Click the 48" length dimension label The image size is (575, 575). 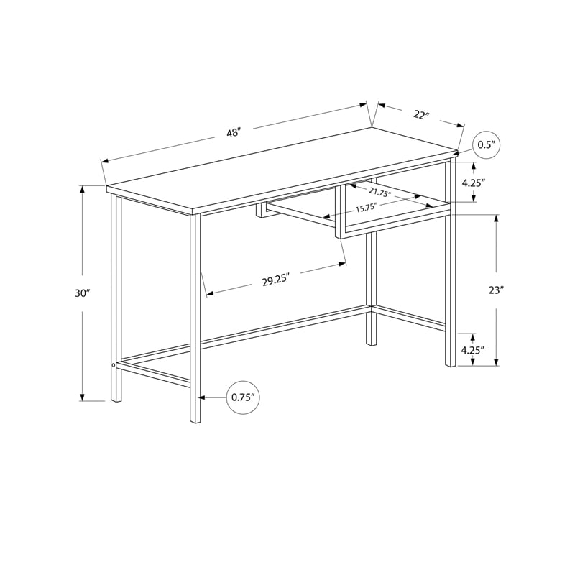pyautogui.click(x=233, y=133)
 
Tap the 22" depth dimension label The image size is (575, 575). pyautogui.click(x=421, y=114)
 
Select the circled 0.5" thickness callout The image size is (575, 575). pyautogui.click(x=487, y=145)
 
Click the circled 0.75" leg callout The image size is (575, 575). pyautogui.click(x=242, y=397)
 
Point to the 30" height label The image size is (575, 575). pyautogui.click(x=82, y=293)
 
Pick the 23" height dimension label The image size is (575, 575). pyautogui.click(x=496, y=290)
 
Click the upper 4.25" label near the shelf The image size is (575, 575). pyautogui.click(x=474, y=183)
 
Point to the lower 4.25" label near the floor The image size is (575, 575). pyautogui.click(x=473, y=350)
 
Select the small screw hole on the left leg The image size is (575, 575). pyautogui.click(x=114, y=367)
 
